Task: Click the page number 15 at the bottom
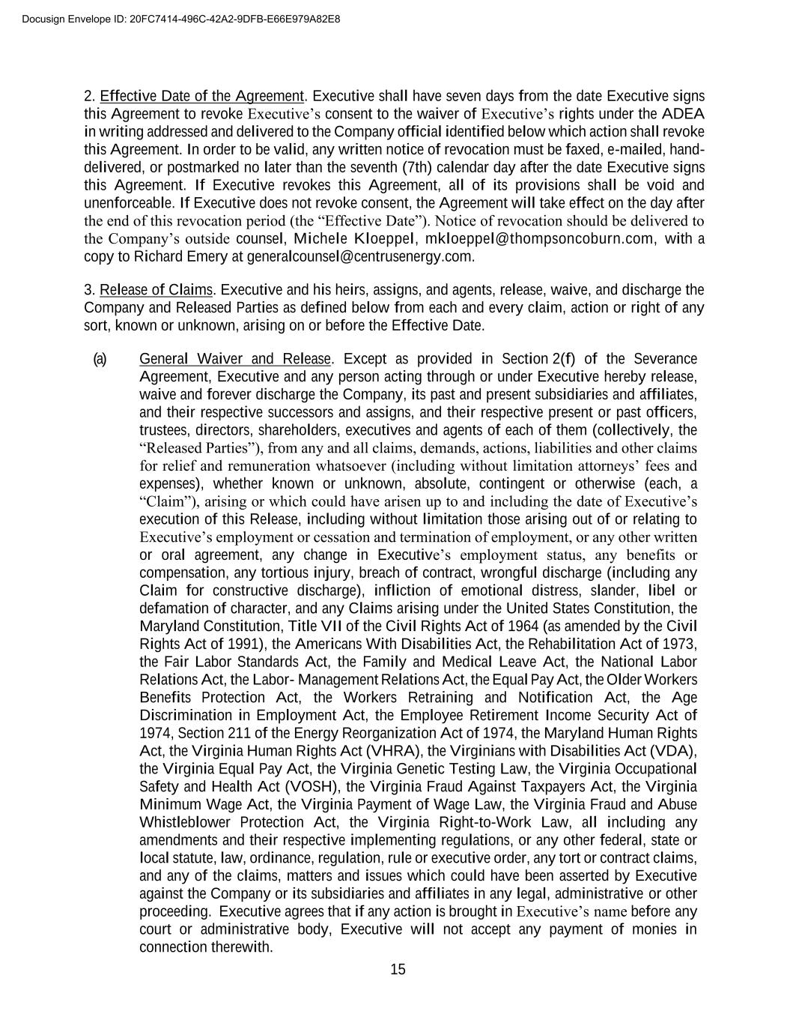point(398,970)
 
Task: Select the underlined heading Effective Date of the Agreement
point(202,97)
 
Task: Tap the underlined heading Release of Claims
point(157,290)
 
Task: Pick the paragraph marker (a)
point(100,359)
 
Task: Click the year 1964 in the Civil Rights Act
point(511,627)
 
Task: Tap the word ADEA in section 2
point(683,114)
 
